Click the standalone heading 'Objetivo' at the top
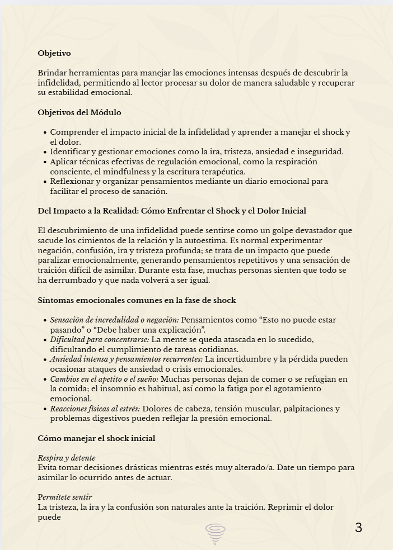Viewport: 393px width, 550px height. (54, 54)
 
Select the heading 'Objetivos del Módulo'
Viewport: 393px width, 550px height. (79, 112)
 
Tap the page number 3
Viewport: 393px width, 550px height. (358, 528)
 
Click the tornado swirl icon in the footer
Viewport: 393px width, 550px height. (216, 533)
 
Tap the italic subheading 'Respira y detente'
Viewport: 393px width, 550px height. (67, 458)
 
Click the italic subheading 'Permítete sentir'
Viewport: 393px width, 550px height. (65, 497)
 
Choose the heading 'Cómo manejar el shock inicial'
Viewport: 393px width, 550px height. (96, 438)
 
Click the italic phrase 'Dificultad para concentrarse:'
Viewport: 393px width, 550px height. (100, 339)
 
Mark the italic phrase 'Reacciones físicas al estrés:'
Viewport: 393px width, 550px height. (95, 409)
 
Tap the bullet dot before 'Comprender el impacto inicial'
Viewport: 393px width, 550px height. (44, 132)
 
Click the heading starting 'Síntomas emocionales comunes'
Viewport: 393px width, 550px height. (137, 300)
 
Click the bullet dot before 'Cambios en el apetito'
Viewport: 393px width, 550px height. (44, 379)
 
